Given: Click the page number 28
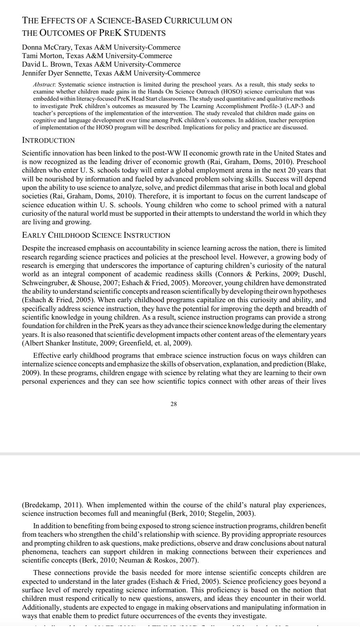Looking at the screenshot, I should coord(173,404).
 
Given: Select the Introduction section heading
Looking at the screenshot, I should coord(48,140).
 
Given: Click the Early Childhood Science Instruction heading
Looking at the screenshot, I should coord(96,235).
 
